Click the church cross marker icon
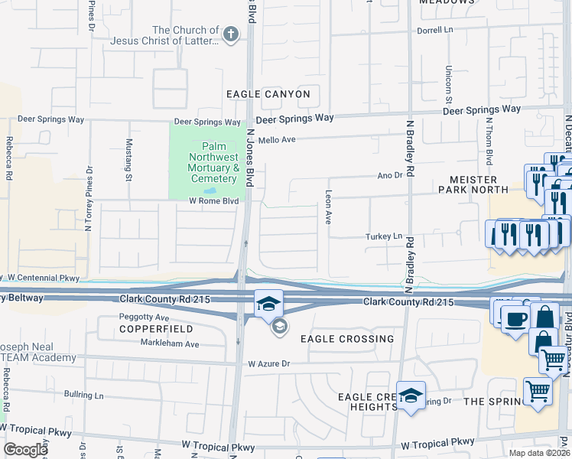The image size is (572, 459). point(230,34)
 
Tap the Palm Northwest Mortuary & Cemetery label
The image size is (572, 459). point(210,162)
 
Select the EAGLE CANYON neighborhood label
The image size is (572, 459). point(268,94)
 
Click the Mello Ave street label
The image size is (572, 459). point(276,140)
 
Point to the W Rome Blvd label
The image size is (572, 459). point(214,201)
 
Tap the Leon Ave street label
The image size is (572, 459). point(328,207)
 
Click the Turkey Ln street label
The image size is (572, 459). point(383,236)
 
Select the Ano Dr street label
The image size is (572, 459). point(389,175)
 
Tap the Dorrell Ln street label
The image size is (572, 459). point(436,31)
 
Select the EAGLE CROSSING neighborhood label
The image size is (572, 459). point(347,338)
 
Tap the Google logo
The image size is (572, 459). point(25,450)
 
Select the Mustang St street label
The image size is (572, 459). point(128,159)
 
